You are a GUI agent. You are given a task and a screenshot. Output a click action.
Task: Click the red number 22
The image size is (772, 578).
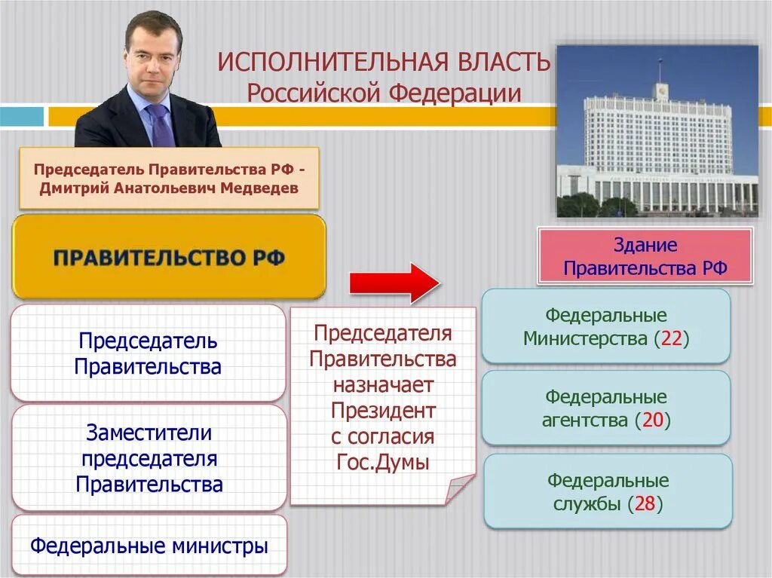[x=672, y=338]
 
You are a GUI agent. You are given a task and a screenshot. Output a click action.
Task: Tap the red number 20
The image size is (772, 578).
[x=652, y=421]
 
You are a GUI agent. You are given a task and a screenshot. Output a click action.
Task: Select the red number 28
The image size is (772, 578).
[x=645, y=504]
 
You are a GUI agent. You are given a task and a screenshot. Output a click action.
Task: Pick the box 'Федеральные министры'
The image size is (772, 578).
[x=149, y=546]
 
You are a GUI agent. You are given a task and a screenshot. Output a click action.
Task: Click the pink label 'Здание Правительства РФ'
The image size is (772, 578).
[x=645, y=257]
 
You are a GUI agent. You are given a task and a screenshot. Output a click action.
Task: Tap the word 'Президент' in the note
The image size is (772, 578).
[x=383, y=411]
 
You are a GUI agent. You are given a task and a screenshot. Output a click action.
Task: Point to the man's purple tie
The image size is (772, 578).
[x=161, y=124]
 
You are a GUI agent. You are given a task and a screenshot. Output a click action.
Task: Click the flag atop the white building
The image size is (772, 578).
[x=660, y=63]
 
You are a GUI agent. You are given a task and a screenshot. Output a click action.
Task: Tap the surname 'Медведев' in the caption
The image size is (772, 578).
[x=260, y=188]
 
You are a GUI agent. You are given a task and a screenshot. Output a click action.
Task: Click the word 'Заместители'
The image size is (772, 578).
[x=149, y=433]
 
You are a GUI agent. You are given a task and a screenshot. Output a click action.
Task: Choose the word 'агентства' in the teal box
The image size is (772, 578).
[x=585, y=421]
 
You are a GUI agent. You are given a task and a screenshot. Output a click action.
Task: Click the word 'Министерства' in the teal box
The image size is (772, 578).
[x=586, y=338]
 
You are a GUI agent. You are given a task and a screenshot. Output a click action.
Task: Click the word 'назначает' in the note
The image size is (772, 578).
[x=383, y=385]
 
